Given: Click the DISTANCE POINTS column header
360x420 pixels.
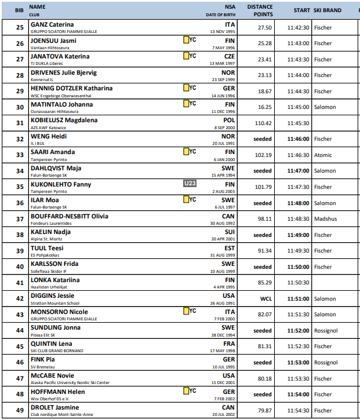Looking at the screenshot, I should pyautogui.click(x=260, y=10).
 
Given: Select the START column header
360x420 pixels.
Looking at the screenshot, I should pyautogui.click(x=301, y=10).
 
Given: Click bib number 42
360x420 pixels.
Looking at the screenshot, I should pyautogui.click(x=20, y=299).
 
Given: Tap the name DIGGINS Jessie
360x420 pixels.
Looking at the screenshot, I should pyautogui.click(x=53, y=296).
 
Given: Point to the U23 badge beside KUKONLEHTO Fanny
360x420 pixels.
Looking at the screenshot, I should pyautogui.click(x=190, y=184).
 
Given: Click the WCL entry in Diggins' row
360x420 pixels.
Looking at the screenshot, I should pyautogui.click(x=266, y=299).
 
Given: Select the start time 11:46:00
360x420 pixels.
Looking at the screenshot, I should pyautogui.click(x=299, y=139).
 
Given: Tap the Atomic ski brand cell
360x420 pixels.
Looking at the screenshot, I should pyautogui.click(x=323, y=155).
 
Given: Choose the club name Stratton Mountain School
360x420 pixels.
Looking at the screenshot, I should pyautogui.click(x=56, y=303).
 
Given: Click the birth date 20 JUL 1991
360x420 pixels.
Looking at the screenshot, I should pyautogui.click(x=223, y=143).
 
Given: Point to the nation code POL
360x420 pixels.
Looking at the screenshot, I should pyautogui.click(x=230, y=120).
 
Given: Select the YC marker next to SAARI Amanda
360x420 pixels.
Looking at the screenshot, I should pyautogui.click(x=190, y=152).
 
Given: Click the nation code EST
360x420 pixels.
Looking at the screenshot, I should pyautogui.click(x=230, y=248).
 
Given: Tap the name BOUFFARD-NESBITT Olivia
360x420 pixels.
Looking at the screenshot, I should pyautogui.click(x=69, y=216).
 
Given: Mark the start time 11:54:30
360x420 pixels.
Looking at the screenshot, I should pyautogui.click(x=299, y=411).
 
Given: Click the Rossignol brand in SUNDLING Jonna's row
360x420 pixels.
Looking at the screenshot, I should pyautogui.click(x=325, y=331).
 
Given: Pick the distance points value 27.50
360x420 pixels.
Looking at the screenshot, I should pyautogui.click(x=265, y=27).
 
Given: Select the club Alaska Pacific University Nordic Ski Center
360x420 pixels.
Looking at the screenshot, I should pyautogui.click(x=70, y=382).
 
